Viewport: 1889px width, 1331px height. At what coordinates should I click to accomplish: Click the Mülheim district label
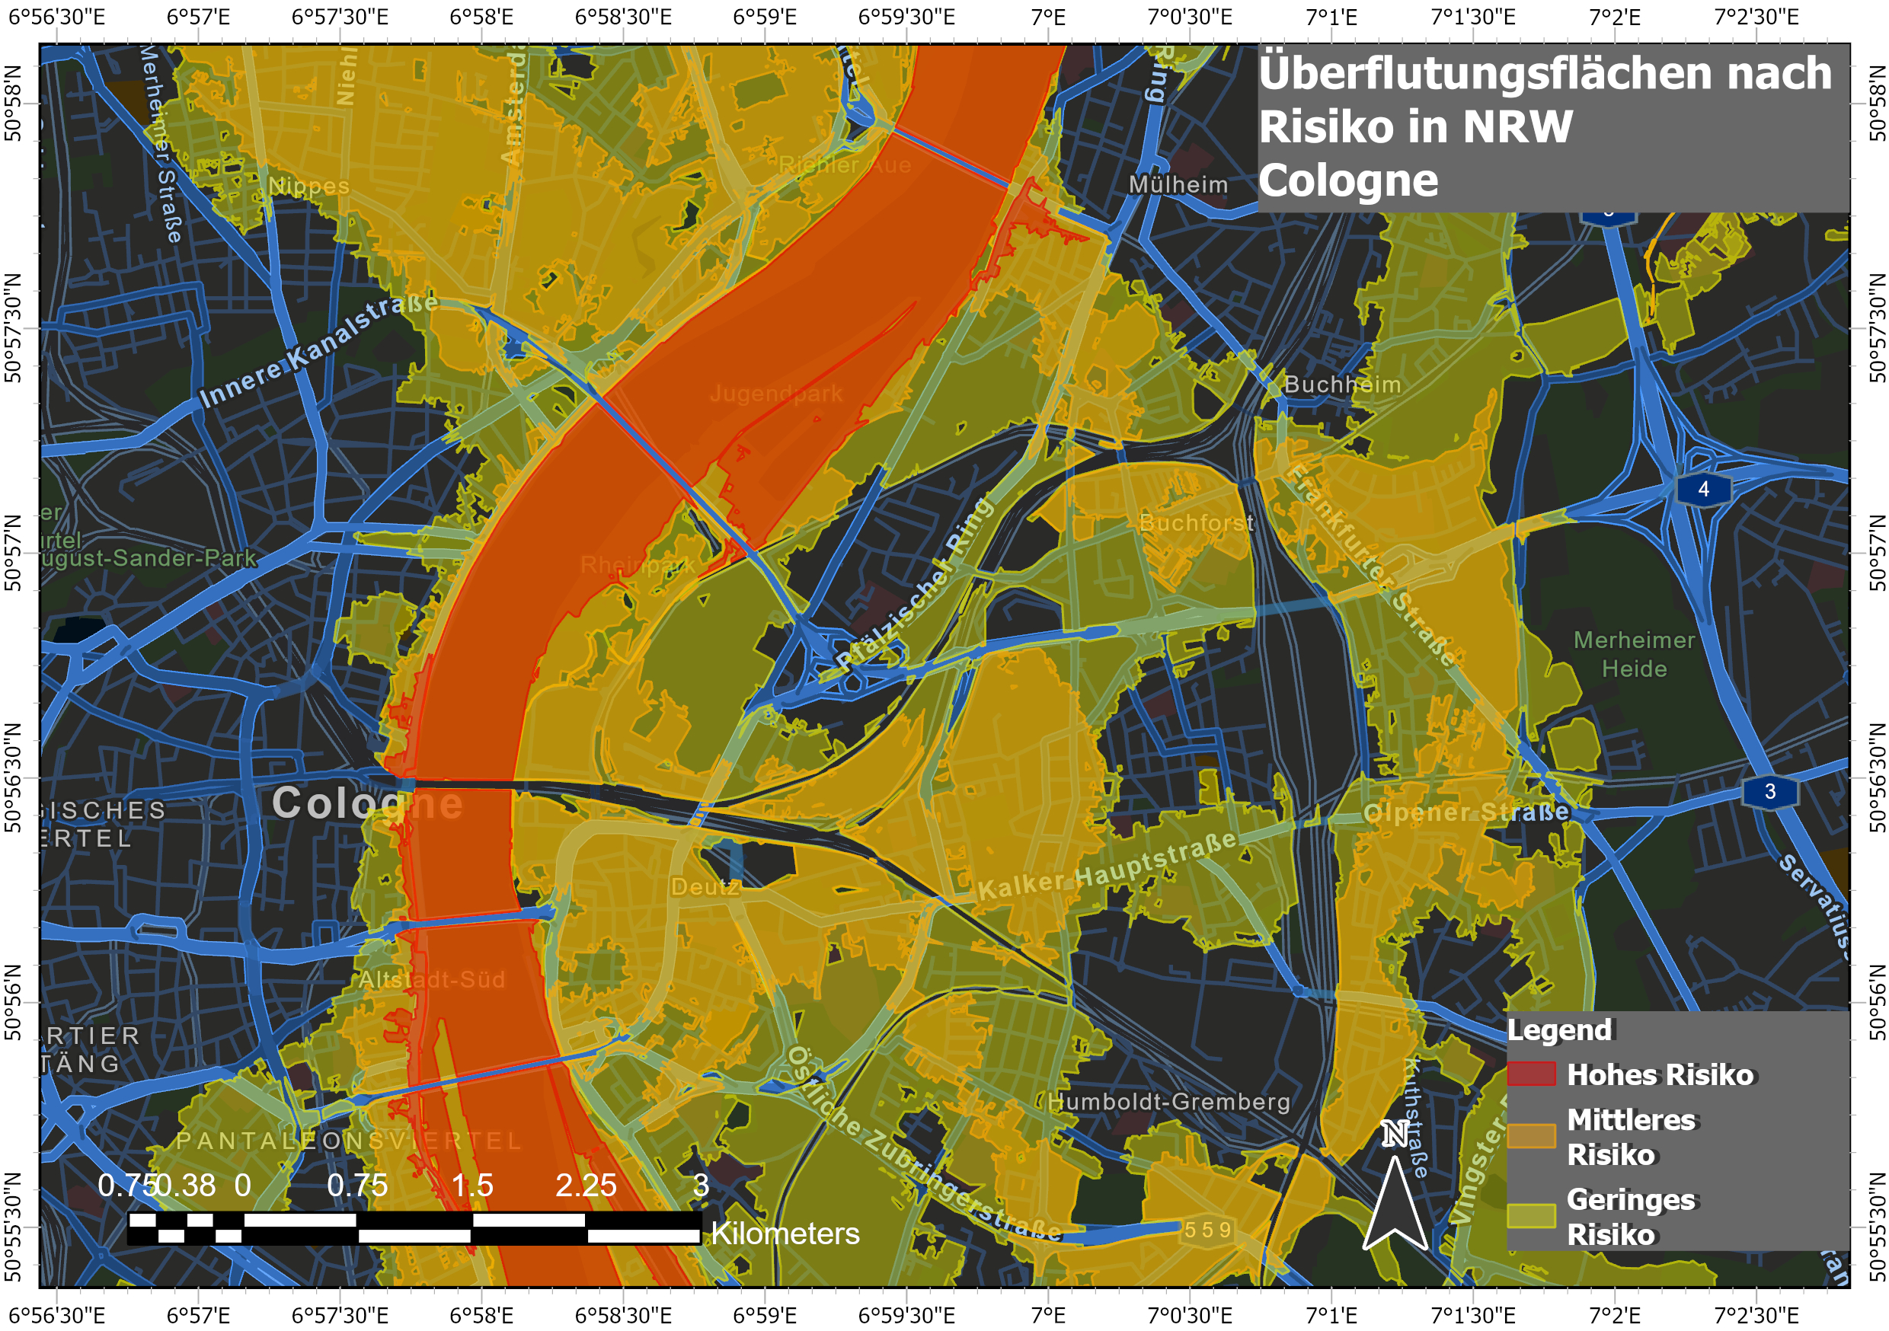pyautogui.click(x=1178, y=184)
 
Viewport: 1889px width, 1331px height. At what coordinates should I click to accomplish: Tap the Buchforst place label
pyautogui.click(x=1197, y=522)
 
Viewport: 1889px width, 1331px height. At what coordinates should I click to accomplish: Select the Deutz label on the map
pyautogui.click(x=705, y=887)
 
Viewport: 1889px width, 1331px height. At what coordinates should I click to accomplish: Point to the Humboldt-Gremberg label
pyautogui.click(x=1168, y=1102)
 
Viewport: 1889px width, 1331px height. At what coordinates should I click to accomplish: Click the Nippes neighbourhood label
pyautogui.click(x=308, y=187)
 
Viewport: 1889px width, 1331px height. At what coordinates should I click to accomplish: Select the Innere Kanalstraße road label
pyautogui.click(x=318, y=350)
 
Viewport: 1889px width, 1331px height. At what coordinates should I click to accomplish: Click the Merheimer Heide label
pyautogui.click(x=1634, y=654)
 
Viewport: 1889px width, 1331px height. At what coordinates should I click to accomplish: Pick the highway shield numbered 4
pyautogui.click(x=1703, y=490)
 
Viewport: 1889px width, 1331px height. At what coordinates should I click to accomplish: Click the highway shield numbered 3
pyautogui.click(x=1769, y=791)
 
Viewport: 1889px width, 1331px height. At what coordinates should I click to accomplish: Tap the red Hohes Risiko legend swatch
pyautogui.click(x=1531, y=1074)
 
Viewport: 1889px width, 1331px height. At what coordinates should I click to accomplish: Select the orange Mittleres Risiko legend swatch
pyautogui.click(x=1531, y=1136)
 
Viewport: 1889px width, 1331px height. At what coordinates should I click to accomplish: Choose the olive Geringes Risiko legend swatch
pyautogui.click(x=1531, y=1216)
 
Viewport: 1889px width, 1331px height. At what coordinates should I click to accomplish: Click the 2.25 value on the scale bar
pyautogui.click(x=585, y=1186)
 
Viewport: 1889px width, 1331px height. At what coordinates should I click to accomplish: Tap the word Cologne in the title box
pyautogui.click(x=1347, y=180)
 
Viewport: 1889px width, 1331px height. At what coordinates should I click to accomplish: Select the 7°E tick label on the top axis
pyautogui.click(x=1048, y=17)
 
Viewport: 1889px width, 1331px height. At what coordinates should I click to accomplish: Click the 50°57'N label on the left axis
pyautogui.click(x=13, y=553)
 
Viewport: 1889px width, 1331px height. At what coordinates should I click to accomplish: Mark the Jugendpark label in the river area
pyautogui.click(x=776, y=394)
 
